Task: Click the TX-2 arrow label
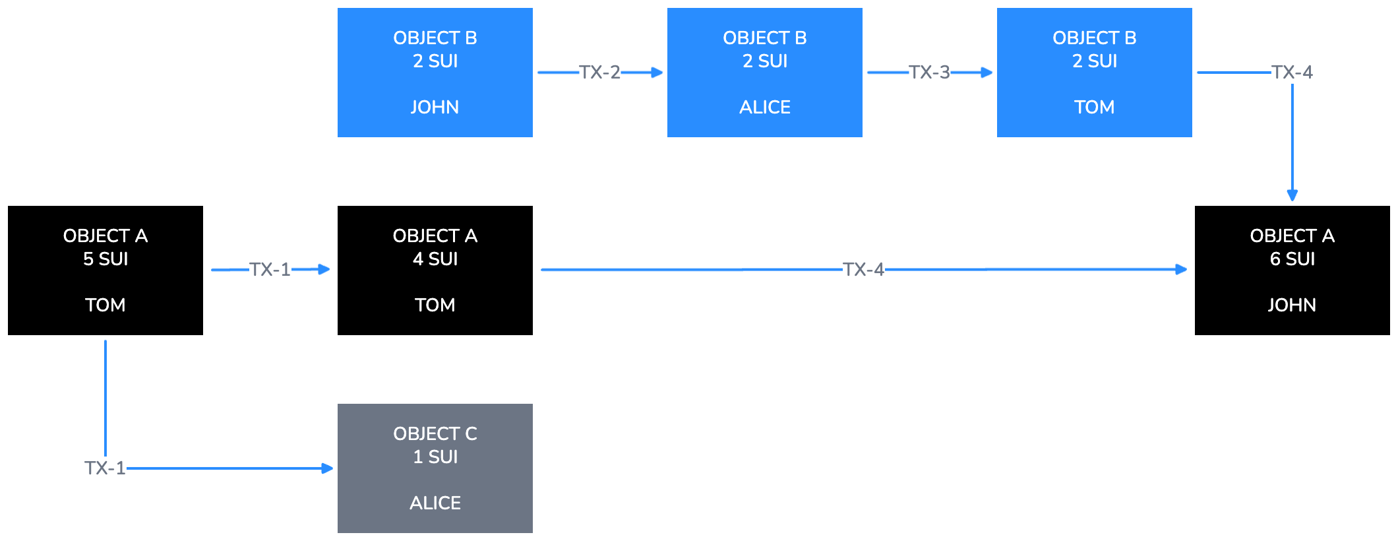coord(599,72)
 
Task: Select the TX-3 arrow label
coord(929,72)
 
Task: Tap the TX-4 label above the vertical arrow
coord(1292,72)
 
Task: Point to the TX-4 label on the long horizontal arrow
coord(863,269)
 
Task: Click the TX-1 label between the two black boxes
coord(270,269)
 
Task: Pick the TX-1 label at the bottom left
coord(105,468)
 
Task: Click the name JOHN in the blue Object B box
coord(435,107)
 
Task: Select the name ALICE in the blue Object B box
coord(764,107)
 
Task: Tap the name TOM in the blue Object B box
coord(1094,107)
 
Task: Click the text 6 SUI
coord(1292,259)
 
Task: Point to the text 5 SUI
coord(106,259)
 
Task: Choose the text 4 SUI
coord(435,259)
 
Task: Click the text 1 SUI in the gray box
coord(435,457)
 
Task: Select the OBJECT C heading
coord(435,433)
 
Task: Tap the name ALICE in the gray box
coord(435,503)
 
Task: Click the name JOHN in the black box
coord(1292,305)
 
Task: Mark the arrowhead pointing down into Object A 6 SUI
coord(1292,195)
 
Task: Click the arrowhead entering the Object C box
coord(327,468)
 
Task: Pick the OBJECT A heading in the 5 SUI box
coord(106,236)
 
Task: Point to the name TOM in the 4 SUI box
coord(435,305)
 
